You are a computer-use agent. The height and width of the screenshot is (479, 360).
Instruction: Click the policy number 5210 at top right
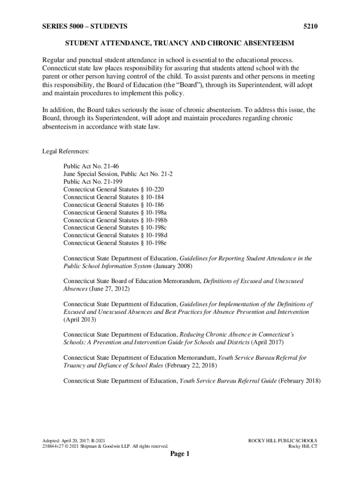(x=310, y=27)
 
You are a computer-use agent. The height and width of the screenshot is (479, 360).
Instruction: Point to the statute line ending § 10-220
(x=114, y=189)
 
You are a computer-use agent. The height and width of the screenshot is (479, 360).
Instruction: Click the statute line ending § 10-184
(x=114, y=197)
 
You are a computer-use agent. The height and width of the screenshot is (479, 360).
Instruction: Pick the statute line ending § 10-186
(x=114, y=204)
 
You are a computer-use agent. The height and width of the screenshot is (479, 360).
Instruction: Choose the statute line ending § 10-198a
(x=115, y=212)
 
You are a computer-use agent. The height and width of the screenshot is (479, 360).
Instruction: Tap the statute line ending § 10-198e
(x=115, y=243)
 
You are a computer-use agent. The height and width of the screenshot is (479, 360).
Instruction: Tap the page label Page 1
(x=180, y=454)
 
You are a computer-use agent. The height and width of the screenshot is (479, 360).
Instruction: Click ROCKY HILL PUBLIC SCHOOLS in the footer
(x=282, y=441)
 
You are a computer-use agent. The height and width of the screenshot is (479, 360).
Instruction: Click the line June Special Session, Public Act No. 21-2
(x=118, y=174)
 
